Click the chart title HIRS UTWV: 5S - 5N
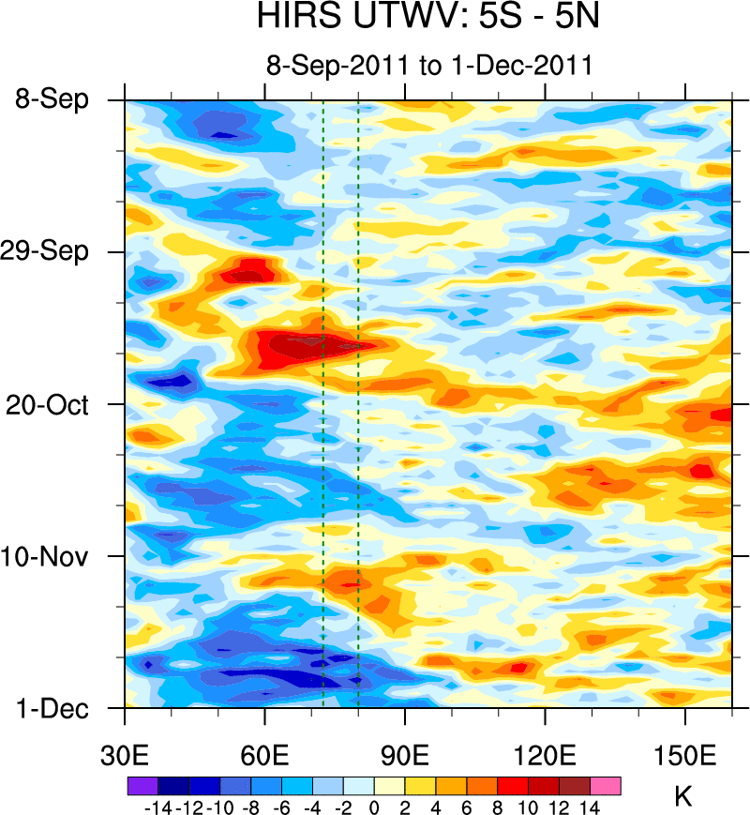coord(428,19)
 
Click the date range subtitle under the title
coord(428,66)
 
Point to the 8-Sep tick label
coord(52,99)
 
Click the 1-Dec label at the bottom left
coord(52,709)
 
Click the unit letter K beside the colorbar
coord(683,798)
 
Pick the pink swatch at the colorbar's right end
coord(606,785)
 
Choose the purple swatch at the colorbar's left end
coord(142,785)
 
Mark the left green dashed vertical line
coord(322,403)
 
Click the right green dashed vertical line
coord(358,403)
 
